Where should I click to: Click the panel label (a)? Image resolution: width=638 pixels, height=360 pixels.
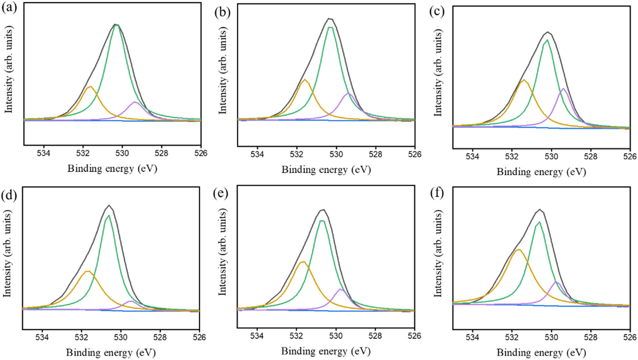tap(9, 7)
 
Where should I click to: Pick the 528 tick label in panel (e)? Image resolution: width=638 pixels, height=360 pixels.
tap(375, 336)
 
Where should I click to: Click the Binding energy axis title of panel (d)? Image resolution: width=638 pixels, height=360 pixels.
tap(111, 352)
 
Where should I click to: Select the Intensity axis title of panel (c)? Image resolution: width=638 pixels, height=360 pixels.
tap(438, 73)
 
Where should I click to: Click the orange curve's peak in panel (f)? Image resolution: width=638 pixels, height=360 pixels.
tap(518, 250)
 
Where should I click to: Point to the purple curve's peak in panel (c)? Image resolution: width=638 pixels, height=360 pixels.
tap(563, 88)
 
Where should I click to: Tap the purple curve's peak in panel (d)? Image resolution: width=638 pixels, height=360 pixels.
tap(130, 301)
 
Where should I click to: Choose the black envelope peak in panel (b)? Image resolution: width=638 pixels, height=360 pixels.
tap(330, 19)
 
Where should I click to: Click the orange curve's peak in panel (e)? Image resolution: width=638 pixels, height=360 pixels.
tap(303, 261)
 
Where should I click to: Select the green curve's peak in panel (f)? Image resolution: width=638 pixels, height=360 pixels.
tap(539, 222)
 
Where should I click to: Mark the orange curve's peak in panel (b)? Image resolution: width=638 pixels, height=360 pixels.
tap(305, 80)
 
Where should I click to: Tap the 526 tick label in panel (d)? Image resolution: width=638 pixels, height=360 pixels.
tap(199, 337)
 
